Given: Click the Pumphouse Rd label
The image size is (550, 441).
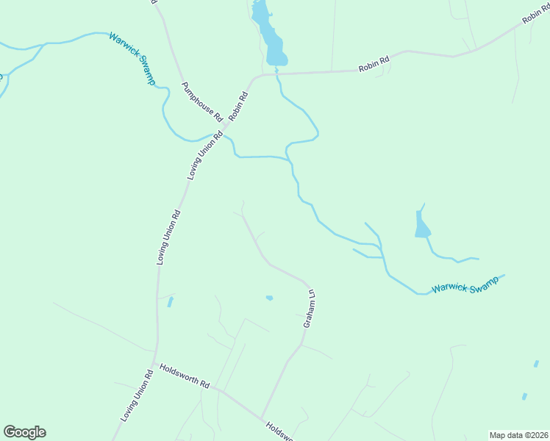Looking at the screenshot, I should [201, 101].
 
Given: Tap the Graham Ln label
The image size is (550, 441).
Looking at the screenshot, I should [310, 309].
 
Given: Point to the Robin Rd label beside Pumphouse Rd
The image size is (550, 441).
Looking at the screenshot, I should [239, 105].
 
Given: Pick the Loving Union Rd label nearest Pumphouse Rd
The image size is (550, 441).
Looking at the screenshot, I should [205, 155].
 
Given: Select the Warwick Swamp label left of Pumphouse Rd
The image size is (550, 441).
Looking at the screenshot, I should [132, 58].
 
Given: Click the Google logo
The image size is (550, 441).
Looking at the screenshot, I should [24, 432].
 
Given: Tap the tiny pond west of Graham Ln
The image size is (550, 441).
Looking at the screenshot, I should [269, 298].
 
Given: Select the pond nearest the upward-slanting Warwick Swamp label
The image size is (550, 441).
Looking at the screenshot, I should [421, 224].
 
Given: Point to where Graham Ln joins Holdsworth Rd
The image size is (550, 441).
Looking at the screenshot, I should [262, 416].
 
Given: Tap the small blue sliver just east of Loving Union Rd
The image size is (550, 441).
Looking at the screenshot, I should [171, 301].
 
